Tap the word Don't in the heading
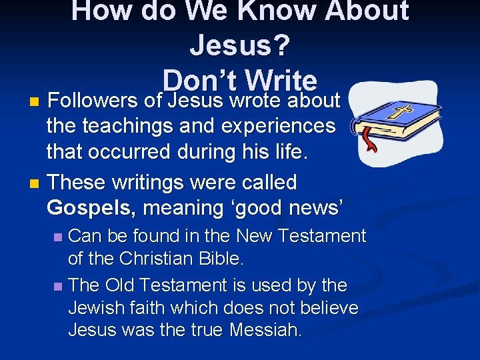(200, 80)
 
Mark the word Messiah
(265, 331)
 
